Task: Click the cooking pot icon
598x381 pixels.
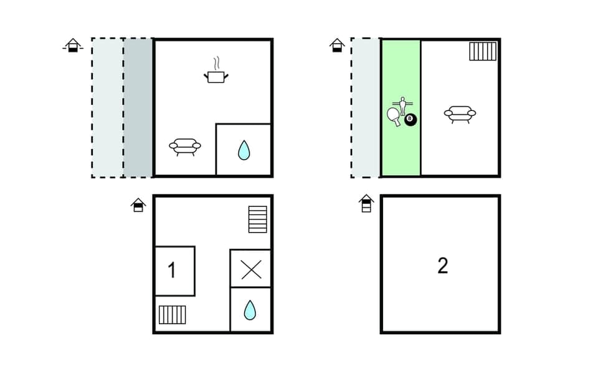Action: pos(216,75)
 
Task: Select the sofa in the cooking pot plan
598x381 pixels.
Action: pos(185,147)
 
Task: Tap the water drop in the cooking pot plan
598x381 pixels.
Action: pos(244,150)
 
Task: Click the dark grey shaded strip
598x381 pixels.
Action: pos(138,108)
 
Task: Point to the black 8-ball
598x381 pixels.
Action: pos(410,119)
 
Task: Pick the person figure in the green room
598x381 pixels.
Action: pos(402,104)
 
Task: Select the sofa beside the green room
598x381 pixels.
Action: pos(460,113)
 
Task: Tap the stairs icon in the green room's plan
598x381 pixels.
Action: pos(483,51)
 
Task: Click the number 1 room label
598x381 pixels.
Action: pos(173,271)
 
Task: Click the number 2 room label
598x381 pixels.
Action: pos(442,266)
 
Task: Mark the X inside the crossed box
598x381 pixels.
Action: pos(250,269)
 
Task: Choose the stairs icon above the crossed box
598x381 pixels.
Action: pos(257,219)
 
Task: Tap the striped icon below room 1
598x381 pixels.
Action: pos(173,314)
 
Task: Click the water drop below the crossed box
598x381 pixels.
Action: pos(250,309)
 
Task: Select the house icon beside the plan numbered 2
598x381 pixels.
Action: pos(366,203)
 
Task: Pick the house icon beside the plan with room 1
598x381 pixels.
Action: pos(138,205)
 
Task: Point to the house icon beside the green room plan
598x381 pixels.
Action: pos(337,45)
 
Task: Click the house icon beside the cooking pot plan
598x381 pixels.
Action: pos(73,45)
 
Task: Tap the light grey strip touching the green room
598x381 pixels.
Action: pos(366,108)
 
